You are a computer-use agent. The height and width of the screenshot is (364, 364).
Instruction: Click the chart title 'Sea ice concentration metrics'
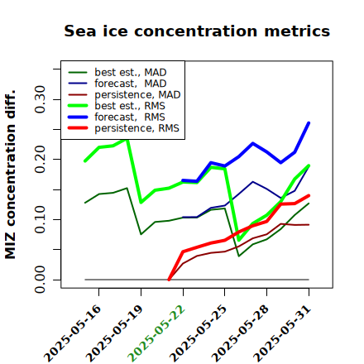(197, 31)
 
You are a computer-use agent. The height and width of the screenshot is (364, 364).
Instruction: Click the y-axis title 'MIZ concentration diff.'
(10, 175)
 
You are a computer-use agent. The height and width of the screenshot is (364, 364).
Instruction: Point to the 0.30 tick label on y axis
(40, 99)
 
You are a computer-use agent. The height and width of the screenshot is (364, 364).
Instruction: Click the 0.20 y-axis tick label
(40, 159)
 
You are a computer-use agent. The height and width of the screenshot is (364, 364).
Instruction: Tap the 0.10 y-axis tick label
(40, 219)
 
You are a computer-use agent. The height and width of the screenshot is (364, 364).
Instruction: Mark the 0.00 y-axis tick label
(40, 280)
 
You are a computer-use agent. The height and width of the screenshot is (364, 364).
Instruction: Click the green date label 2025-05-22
(156, 333)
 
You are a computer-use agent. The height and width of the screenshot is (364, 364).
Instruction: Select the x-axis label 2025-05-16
(72, 333)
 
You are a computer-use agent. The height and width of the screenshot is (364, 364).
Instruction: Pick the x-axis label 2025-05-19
(114, 333)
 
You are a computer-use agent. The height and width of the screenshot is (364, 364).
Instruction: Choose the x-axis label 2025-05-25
(198, 333)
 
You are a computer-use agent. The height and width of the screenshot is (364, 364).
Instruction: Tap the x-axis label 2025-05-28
(240, 333)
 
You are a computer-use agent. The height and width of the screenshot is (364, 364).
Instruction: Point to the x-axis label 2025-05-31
(282, 333)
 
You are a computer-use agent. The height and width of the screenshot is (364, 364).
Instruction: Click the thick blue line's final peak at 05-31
(309, 122)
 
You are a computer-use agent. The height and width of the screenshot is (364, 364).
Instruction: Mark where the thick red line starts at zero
(169, 280)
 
